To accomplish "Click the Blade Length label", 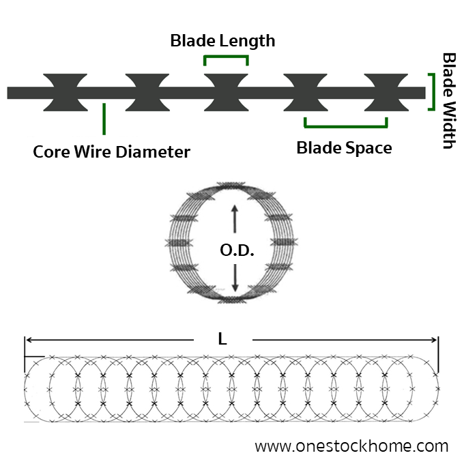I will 222,41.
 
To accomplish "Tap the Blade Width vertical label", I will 449,100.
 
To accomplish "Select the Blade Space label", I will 345,147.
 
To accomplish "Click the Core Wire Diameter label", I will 111,151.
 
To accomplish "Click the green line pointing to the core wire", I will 104,118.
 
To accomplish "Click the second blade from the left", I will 147,92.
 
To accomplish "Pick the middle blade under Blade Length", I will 226,92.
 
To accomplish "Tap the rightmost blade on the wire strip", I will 386,92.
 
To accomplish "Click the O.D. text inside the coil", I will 237,250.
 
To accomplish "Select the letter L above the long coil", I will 222,338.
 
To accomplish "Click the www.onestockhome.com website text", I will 351,446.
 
